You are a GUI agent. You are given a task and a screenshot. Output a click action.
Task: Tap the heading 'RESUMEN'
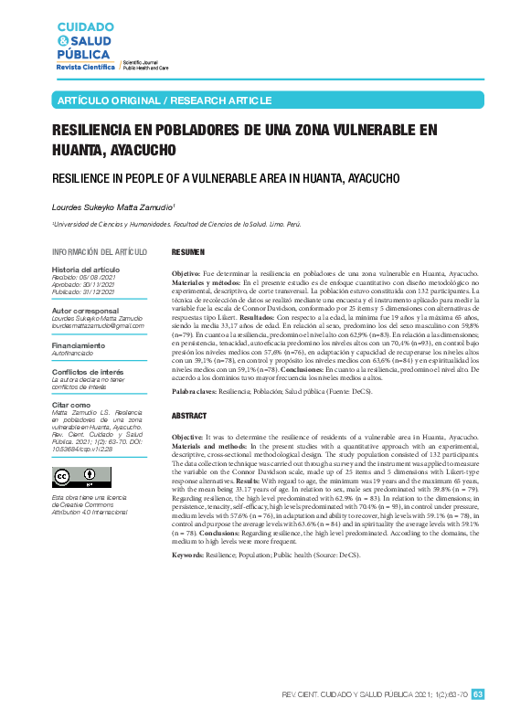point(188,251)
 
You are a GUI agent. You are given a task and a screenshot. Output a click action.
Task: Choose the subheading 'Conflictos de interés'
point(88,372)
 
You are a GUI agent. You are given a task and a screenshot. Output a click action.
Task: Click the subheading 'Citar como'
point(71,404)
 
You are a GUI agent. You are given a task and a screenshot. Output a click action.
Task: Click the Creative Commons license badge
point(77,477)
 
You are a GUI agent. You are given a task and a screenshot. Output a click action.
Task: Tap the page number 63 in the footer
point(477,694)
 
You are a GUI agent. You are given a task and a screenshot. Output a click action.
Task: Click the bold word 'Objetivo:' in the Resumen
point(186,274)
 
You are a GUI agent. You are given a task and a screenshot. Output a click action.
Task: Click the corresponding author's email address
point(98,326)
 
